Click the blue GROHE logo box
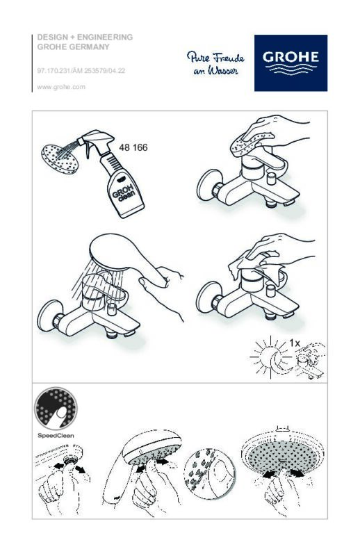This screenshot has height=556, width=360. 291,63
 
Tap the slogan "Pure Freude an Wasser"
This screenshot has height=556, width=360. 215,63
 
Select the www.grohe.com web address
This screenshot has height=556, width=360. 61,87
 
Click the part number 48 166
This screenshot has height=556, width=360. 133,147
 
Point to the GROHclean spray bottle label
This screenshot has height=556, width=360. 124,193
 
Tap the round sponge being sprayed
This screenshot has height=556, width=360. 60,159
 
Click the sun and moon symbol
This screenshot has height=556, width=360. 271,357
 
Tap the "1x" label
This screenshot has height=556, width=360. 295,343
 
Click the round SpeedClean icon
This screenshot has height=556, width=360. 56,409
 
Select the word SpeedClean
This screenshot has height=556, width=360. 56,436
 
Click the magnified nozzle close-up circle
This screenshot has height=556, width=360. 209,474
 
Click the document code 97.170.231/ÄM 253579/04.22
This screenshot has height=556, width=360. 81,71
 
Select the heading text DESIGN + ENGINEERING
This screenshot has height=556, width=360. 85,37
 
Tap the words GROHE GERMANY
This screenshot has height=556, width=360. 74,47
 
